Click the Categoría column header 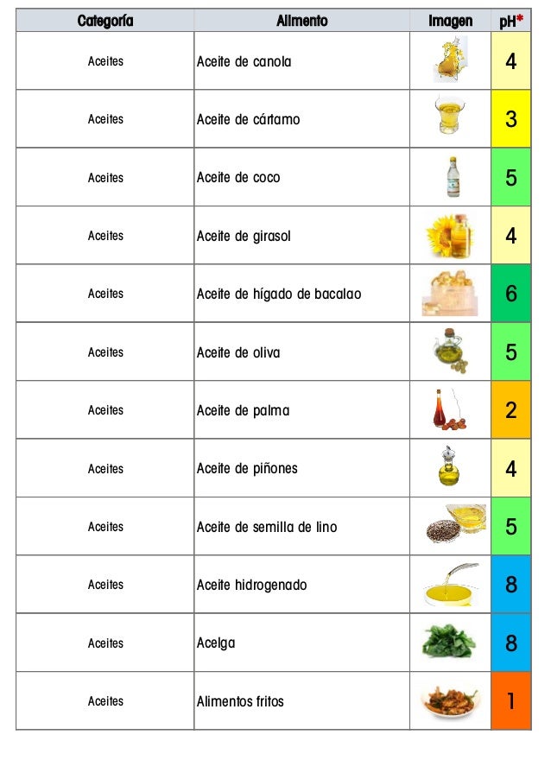click(105, 21)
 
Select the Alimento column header click(301, 21)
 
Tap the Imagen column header click(450, 21)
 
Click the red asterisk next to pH click(520, 18)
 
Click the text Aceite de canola click(244, 62)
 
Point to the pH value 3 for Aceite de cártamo click(511, 119)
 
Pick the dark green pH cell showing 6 click(511, 294)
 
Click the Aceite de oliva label click(237, 352)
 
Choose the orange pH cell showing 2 click(511, 410)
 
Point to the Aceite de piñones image click(450, 467)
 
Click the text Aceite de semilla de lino click(266, 527)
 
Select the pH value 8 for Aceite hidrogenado click(511, 585)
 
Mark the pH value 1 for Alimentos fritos click(511, 701)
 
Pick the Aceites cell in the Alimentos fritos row click(105, 701)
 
